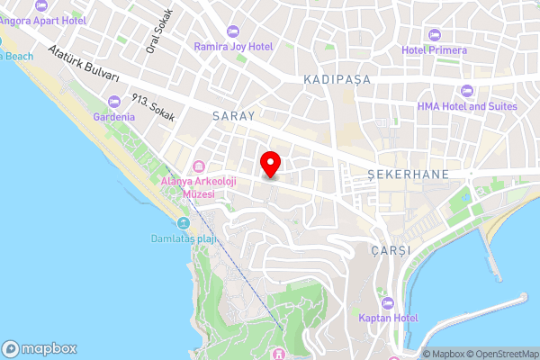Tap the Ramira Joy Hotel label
pos(237,45)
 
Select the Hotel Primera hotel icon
pos(435,34)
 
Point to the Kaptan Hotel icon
pos(388,302)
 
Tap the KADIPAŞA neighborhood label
pos(337,79)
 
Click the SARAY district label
pos(234,116)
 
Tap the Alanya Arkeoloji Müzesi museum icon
pos(199,166)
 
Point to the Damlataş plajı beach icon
pos(184,223)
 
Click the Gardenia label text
pos(113,116)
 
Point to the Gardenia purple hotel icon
pos(113,101)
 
